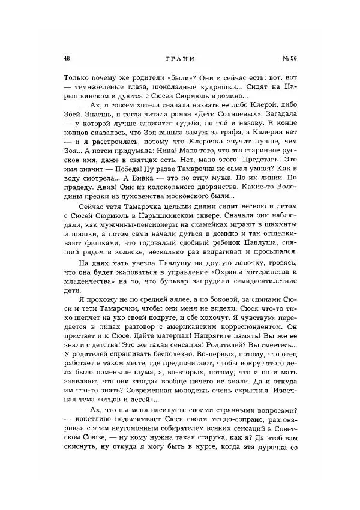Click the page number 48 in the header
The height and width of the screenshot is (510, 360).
click(65, 59)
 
